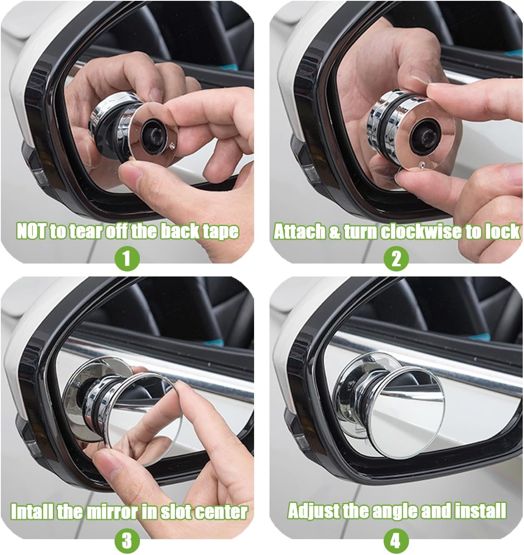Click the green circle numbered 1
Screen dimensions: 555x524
tap(127, 259)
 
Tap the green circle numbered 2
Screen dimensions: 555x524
tap(396, 259)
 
